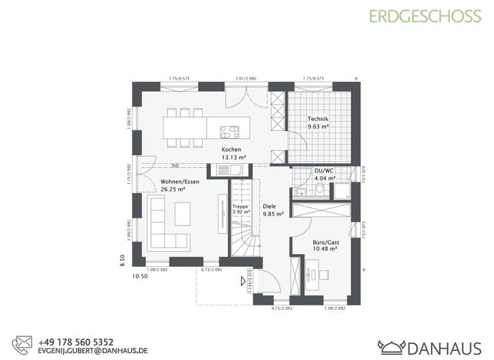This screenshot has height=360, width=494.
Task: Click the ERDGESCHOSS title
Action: [x=424, y=16]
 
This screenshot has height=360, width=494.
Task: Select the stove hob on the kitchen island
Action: [x=230, y=132]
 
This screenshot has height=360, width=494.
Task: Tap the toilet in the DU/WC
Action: [x=319, y=189]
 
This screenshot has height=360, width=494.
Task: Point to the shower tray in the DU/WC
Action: [x=342, y=191]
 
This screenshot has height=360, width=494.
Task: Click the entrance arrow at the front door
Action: [x=243, y=280]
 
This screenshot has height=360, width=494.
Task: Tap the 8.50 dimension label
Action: [x=122, y=260]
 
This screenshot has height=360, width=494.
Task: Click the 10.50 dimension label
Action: [x=140, y=276]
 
